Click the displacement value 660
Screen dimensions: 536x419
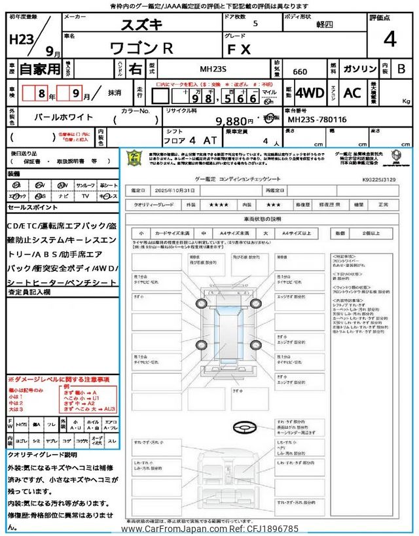[x=299, y=69]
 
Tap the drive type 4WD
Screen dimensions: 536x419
[x=309, y=93]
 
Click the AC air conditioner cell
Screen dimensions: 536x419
[x=352, y=93]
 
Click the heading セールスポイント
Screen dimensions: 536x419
[x=32, y=207]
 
